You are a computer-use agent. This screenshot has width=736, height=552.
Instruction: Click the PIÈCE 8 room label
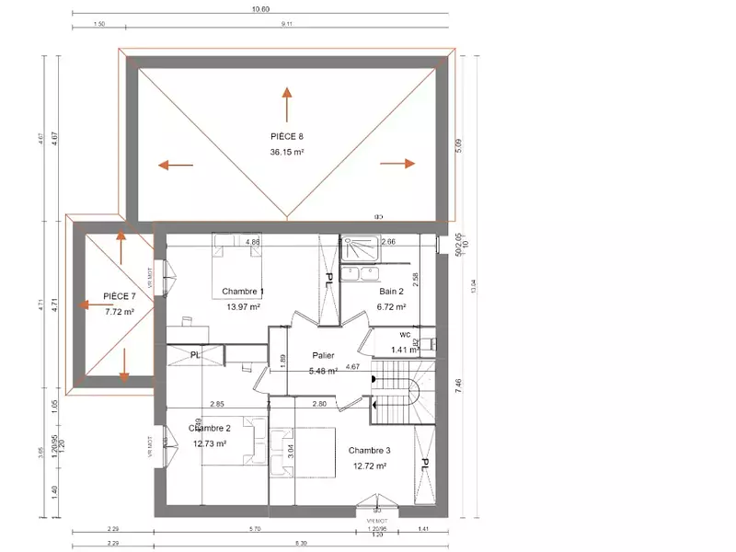[286, 136]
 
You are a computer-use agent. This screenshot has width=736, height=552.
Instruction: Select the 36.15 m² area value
[286, 152]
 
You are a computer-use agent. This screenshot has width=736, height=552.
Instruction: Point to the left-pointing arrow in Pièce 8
[175, 166]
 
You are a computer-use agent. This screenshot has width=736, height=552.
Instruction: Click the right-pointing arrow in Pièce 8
[397, 163]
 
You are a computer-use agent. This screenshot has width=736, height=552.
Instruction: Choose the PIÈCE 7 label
[120, 296]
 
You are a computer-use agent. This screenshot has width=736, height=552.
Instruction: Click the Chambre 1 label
[244, 292]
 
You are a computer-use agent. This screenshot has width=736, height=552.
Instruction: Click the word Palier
[323, 355]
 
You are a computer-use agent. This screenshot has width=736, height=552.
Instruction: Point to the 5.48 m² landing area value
[323, 371]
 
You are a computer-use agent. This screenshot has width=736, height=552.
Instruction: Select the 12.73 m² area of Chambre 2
[209, 443]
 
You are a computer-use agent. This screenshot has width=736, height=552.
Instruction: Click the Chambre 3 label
[369, 450]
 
